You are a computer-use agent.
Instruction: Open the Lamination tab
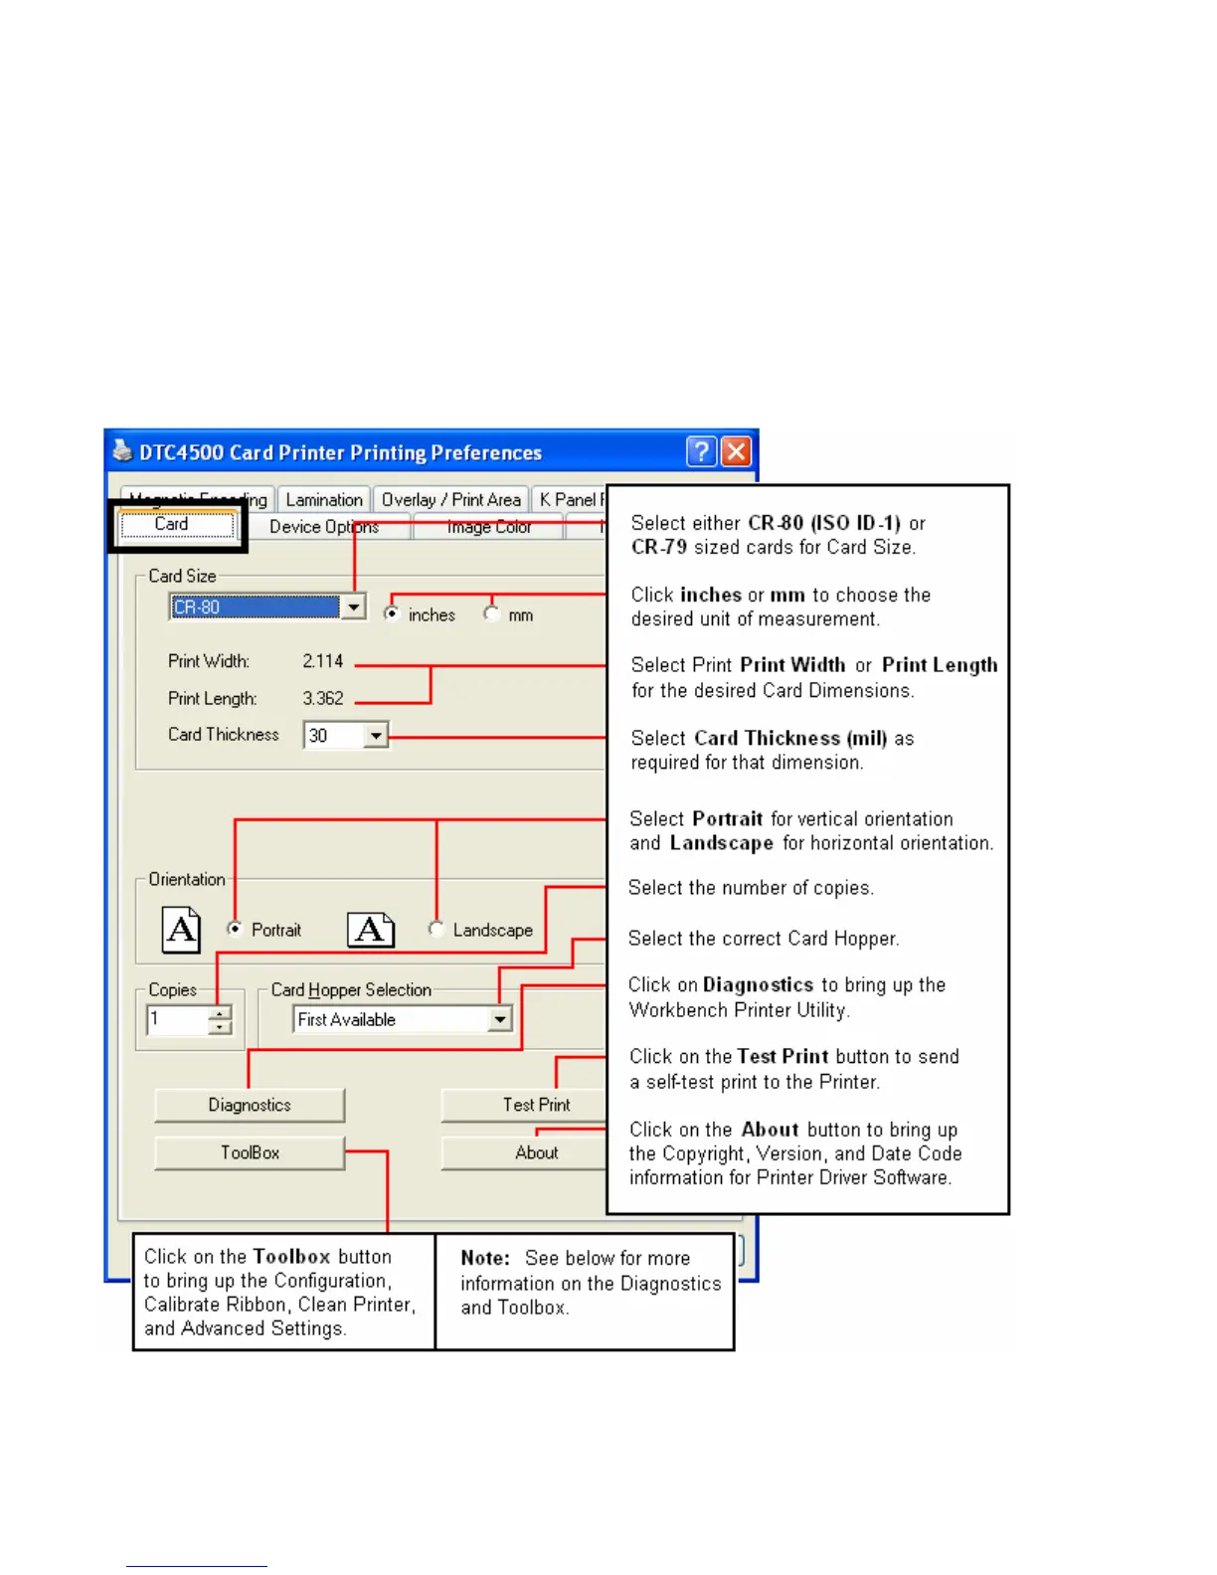[x=324, y=500]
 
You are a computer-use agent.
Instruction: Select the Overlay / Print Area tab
[x=450, y=500]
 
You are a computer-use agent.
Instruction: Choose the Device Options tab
[x=323, y=527]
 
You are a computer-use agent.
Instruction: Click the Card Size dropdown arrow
[x=354, y=607]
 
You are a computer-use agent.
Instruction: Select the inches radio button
[x=392, y=613]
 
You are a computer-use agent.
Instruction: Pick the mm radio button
[x=491, y=613]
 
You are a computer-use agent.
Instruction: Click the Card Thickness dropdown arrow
[x=376, y=736]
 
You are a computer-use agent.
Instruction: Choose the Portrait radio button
[x=235, y=929]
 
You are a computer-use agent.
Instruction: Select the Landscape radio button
[x=436, y=929]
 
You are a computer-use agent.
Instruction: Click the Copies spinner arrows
[x=221, y=1020]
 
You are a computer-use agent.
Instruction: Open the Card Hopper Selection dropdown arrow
[x=500, y=1019]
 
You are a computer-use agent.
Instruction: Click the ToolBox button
[x=250, y=1152]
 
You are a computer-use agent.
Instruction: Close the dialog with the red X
[x=736, y=452]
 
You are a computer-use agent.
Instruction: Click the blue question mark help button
[x=701, y=452]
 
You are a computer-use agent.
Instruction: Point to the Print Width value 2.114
[x=323, y=661]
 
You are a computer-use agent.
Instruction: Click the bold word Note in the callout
[x=485, y=1258]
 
